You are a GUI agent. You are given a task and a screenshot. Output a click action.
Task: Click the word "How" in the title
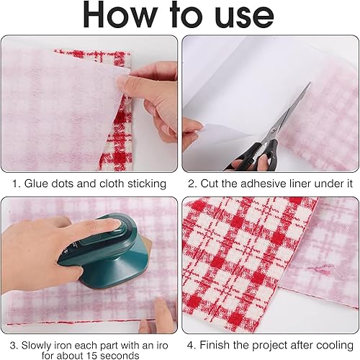pyautogui.click(x=120, y=15)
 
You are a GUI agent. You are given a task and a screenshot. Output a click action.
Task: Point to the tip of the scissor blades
pyautogui.click(x=310, y=82)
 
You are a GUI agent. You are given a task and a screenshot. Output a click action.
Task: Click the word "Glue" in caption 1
pyautogui.click(x=35, y=184)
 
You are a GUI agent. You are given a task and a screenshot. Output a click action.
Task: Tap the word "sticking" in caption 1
pyautogui.click(x=147, y=184)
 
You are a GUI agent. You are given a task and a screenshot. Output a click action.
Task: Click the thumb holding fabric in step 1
pyautogui.click(x=125, y=81)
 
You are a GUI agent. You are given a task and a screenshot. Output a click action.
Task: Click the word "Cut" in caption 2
pyautogui.click(x=210, y=184)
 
